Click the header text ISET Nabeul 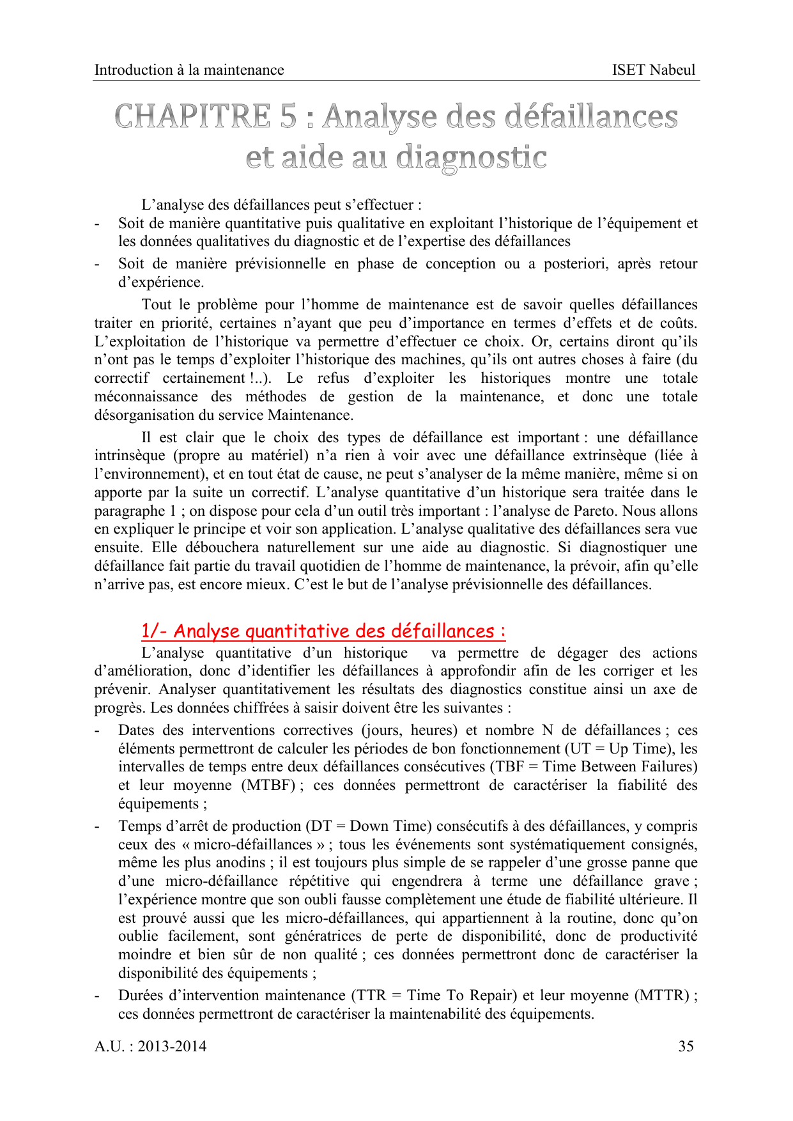point(653,70)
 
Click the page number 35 point(686,1046)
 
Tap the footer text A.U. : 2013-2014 point(151,1046)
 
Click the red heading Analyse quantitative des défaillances point(323,631)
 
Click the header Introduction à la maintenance point(189,70)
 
